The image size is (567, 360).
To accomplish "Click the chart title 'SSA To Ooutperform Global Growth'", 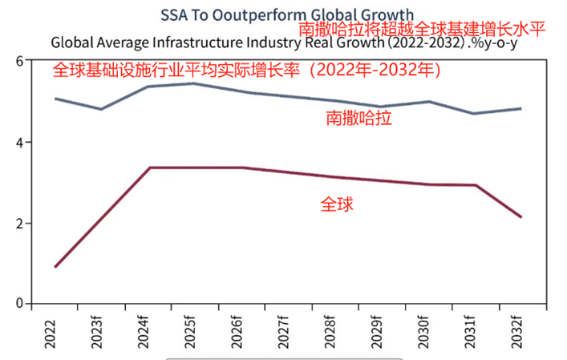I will click(x=287, y=14).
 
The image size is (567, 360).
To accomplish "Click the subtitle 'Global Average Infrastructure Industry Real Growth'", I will click(x=241, y=42).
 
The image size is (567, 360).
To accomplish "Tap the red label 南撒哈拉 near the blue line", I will click(x=359, y=119).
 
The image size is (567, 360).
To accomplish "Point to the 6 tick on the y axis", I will click(x=18, y=61).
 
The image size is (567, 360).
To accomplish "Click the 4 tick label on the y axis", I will click(x=18, y=142).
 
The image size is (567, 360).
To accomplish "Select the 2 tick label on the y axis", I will click(x=18, y=224).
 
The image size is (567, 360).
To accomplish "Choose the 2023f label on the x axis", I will click(x=101, y=331).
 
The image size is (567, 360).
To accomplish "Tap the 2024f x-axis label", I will click(x=148, y=331).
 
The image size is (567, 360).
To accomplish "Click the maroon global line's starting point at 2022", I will click(x=55, y=267).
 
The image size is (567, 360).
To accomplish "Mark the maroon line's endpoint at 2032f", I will click(x=521, y=217).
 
